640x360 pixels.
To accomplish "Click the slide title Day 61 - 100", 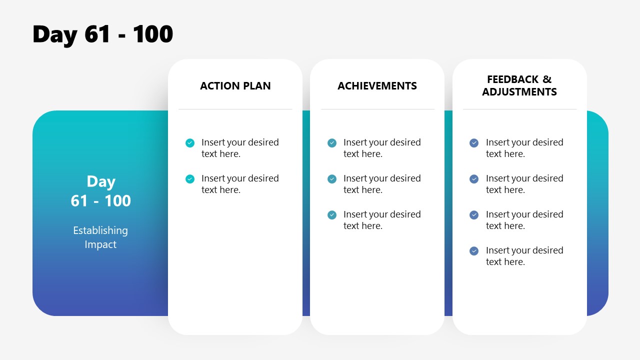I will [102, 34].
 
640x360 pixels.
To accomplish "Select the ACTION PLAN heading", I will [235, 86].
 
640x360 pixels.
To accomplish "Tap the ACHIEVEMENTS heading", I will [377, 86].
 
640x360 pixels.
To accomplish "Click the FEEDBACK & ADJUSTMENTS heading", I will [519, 86].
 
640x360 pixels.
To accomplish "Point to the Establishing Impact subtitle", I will [100, 237].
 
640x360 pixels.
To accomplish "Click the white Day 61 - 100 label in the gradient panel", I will [100, 191].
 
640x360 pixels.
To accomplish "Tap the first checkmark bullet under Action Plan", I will [190, 143].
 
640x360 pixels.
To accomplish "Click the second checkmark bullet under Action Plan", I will [190, 179].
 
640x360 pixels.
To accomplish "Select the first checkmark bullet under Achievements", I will [332, 143].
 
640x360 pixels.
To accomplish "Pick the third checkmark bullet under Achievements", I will [332, 215].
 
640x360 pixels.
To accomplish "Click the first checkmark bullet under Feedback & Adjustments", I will [474, 143].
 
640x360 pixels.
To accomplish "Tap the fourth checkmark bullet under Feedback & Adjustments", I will [474, 251].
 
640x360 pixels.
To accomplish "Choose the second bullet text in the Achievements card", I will [382, 184].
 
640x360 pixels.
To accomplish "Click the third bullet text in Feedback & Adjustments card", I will [524, 220].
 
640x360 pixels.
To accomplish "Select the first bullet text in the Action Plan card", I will [240, 148].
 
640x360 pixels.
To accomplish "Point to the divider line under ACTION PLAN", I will [235, 109].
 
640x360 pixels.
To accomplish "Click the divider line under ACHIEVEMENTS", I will [377, 109].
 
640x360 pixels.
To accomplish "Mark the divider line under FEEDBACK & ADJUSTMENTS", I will [519, 109].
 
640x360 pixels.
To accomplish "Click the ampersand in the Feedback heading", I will [547, 79].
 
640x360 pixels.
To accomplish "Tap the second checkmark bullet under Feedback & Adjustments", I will [474, 179].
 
